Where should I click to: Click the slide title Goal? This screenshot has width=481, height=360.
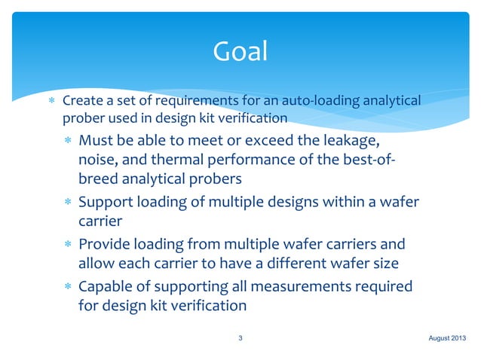240,51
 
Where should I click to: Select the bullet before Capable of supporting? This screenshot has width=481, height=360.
69,286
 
